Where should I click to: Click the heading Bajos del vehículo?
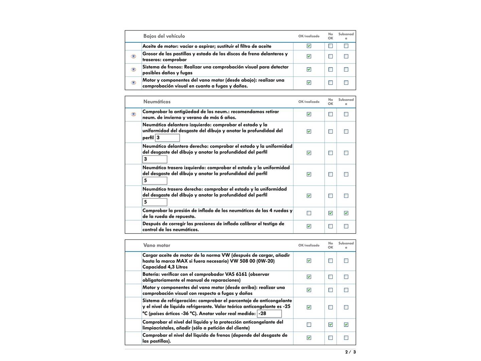164,36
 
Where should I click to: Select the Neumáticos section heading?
157,102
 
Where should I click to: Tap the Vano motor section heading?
157,245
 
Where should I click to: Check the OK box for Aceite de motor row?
309,46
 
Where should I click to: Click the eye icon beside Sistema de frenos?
134,70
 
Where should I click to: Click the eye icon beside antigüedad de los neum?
134,114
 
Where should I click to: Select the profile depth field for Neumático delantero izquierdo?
167,138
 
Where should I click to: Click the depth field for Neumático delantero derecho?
155,159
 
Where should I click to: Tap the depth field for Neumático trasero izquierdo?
155,180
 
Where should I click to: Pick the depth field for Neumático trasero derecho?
155,202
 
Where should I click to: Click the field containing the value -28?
269,314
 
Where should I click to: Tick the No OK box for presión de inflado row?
331,213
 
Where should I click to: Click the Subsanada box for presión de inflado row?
346,213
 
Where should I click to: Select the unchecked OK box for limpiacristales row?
309,325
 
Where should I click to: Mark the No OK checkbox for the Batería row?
331,277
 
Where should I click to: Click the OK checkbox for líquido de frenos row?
309,338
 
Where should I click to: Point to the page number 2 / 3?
350,352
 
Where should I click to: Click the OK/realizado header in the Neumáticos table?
309,102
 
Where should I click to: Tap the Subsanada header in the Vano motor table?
346,245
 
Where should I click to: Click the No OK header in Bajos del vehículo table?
331,36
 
